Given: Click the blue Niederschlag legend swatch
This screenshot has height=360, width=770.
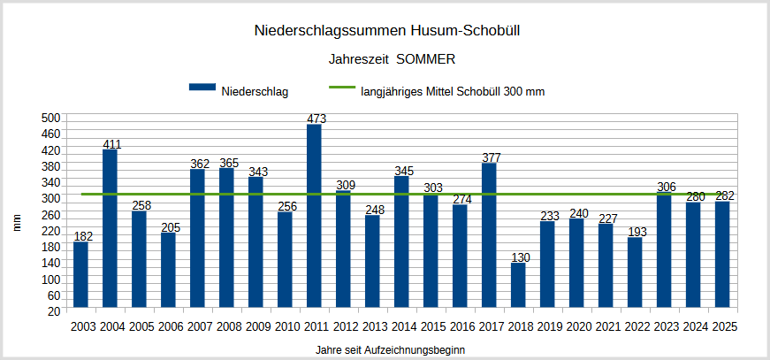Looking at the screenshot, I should [202, 88].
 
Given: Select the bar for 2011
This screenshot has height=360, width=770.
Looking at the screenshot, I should [314, 217].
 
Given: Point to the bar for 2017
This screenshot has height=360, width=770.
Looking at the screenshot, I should [489, 236].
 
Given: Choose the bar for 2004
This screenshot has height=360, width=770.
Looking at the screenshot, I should [110, 230].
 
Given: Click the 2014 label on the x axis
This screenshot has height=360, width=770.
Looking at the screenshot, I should [402, 326].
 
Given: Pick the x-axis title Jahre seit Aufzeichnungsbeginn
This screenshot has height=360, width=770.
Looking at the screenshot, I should [390, 350].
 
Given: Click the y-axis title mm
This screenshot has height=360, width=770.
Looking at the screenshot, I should [17, 223].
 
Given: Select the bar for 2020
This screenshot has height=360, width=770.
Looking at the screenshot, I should [576, 264].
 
